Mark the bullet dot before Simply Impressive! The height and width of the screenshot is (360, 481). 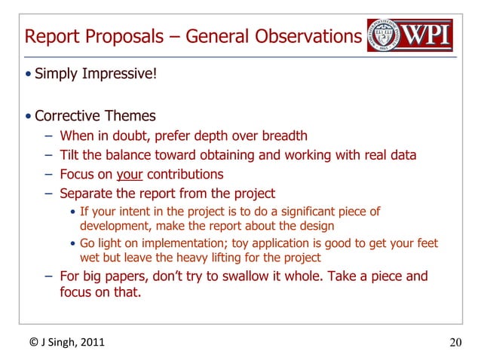click(28, 74)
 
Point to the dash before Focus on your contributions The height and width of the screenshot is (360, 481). click(48, 175)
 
